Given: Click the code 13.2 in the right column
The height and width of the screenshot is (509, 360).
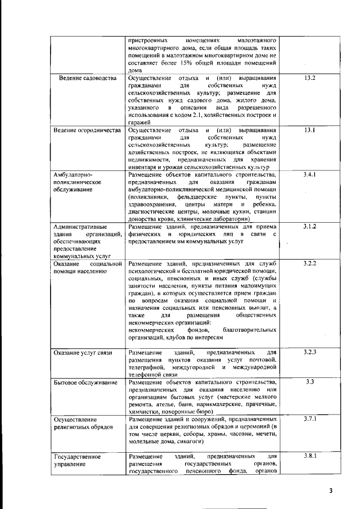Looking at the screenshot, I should click(309, 78).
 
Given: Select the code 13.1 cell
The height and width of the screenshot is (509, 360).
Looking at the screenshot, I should click(309, 130).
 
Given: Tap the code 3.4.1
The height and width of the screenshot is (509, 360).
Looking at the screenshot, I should click(309, 175).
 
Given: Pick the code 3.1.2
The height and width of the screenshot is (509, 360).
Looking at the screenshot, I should click(309, 226).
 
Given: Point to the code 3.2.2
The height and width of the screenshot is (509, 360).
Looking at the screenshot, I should click(310, 263).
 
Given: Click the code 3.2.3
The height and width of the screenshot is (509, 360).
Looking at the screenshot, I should click(310, 352).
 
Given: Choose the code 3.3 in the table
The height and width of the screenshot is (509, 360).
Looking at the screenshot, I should click(309, 382).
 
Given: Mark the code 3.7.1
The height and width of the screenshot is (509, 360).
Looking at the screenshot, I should click(310, 419).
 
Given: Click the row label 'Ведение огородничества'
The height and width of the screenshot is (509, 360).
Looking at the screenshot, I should click(87, 130).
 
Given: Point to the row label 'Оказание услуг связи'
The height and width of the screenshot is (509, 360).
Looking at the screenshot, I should click(83, 353).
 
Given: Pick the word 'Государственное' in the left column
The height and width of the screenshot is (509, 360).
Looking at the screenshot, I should click(76, 456).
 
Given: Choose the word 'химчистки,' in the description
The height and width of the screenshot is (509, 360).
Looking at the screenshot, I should click(144, 411).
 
